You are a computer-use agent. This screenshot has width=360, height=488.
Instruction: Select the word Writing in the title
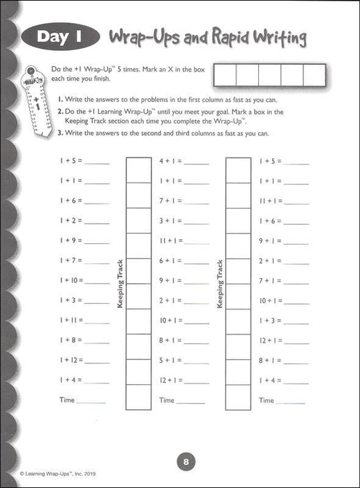click(279, 38)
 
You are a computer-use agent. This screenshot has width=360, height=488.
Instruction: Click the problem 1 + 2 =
click(71, 220)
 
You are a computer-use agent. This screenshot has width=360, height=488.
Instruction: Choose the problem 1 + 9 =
click(71, 241)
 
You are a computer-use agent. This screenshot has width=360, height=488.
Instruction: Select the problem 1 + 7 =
click(71, 261)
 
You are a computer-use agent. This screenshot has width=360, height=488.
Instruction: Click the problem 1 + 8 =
click(71, 341)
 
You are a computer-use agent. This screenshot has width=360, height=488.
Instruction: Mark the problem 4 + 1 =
click(171, 160)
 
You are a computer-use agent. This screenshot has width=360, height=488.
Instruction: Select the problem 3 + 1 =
click(171, 220)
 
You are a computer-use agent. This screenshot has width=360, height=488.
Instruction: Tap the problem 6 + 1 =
click(171, 261)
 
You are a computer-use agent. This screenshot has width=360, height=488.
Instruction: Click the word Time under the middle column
click(167, 400)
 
